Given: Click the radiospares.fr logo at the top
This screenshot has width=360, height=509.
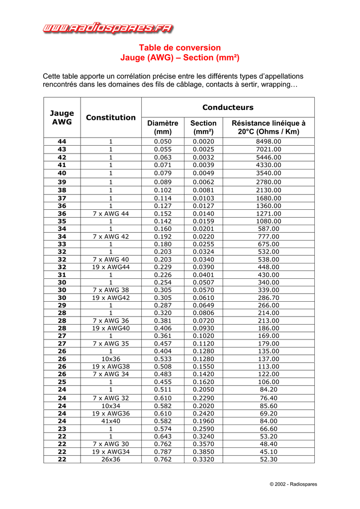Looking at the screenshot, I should [x=108, y=28].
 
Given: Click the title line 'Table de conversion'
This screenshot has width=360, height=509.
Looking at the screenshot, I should [x=180, y=48].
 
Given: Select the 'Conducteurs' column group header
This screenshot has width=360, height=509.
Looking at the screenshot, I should [x=228, y=107].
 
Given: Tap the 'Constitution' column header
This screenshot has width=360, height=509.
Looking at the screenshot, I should [x=111, y=117].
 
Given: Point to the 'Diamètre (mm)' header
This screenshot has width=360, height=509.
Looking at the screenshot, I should [x=163, y=127].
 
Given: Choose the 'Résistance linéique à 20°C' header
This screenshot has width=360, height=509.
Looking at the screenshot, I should [x=269, y=127].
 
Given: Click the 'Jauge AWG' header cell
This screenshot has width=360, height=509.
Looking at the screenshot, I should [x=62, y=117].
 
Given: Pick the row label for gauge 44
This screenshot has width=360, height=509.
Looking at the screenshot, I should [x=62, y=142].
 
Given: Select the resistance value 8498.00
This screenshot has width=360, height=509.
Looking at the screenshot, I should [x=269, y=142].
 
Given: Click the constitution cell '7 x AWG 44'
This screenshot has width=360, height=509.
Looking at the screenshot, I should [x=111, y=214].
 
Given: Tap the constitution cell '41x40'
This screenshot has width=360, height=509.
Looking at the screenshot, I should [x=111, y=421].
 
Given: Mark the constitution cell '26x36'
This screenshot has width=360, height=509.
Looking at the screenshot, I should [x=111, y=459].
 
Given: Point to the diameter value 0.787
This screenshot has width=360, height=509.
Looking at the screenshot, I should [x=163, y=452].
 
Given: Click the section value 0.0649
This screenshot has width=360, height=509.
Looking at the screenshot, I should [x=203, y=305].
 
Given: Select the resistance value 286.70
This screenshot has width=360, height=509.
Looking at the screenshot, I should [x=269, y=298].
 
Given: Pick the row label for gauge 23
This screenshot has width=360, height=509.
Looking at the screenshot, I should [x=62, y=428].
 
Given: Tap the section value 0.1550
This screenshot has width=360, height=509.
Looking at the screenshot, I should [x=203, y=367].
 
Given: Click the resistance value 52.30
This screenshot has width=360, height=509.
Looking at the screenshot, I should [x=269, y=459].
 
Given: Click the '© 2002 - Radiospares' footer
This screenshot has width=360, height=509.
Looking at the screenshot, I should [x=293, y=484].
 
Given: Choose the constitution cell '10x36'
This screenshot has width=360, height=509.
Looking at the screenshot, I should [x=111, y=359].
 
